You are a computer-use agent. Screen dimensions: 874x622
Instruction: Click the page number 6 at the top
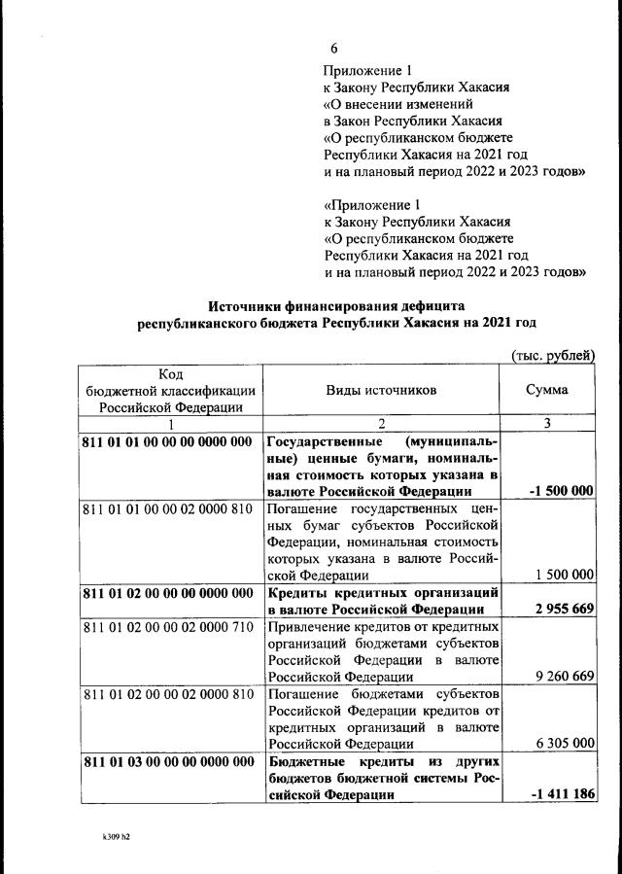333,50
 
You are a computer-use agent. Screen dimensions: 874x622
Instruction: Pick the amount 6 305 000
561,743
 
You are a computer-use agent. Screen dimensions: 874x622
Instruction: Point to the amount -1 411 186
561,794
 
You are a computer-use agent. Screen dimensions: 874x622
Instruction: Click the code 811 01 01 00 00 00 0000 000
168,441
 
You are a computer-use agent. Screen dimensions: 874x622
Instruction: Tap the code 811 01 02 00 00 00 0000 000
168,592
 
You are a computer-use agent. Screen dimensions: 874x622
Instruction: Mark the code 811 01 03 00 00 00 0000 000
168,760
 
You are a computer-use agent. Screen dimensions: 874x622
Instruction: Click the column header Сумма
547,390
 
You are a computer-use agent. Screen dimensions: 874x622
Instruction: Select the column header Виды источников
381,390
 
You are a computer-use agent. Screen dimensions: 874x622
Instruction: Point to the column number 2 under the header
382,424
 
